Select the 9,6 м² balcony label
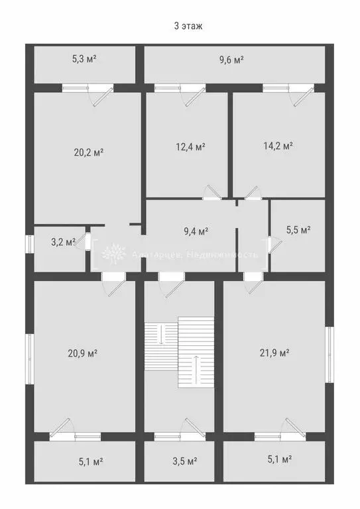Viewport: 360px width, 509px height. pos(231,60)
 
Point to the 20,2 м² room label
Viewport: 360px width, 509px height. pos(89,151)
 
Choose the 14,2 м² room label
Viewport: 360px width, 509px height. pos(278,146)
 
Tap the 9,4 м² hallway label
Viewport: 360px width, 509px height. pos(196,231)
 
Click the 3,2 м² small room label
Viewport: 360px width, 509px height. pos(64,242)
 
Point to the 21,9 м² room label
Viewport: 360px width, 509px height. pos(275,353)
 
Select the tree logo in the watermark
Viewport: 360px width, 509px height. pos(114,254)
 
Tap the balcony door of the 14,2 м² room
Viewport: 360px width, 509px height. pos(300,95)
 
